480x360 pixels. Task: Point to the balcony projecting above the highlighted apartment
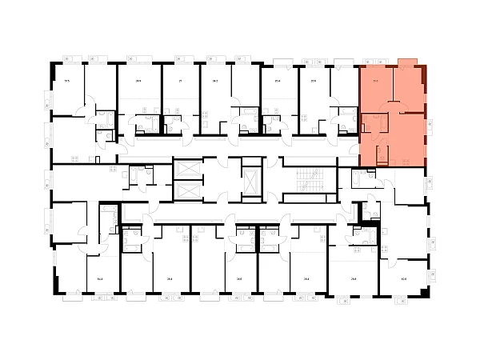click(x=406, y=62)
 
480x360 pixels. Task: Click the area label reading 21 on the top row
click(x=181, y=80)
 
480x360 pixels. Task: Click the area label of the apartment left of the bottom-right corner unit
click(x=353, y=278)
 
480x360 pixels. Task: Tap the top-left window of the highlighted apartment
click(x=375, y=61)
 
